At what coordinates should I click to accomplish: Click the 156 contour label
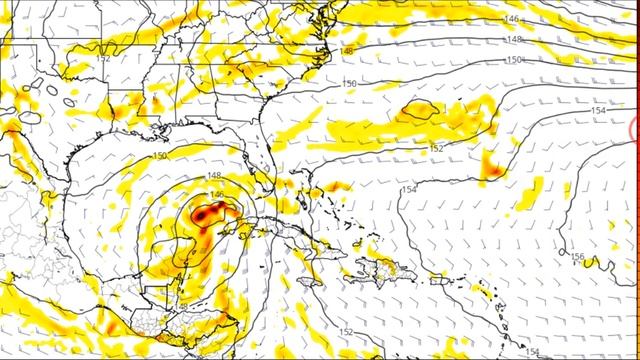click(578, 258)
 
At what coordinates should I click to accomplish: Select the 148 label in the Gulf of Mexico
click(214, 176)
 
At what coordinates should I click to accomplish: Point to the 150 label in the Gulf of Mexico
click(160, 156)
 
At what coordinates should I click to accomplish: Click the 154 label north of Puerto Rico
click(409, 189)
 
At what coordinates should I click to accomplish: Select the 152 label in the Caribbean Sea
click(345, 332)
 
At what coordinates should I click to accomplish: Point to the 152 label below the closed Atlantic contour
click(436, 149)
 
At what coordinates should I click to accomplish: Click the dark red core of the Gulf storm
click(207, 213)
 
